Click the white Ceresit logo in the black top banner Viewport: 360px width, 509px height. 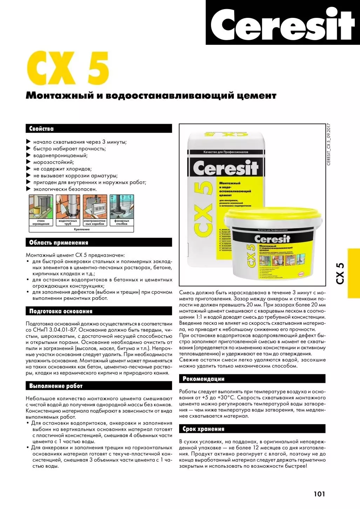[283, 24]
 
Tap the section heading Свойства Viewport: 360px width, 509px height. [41, 129]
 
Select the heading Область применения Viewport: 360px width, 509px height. [59, 243]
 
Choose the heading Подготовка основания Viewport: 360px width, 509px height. [61, 311]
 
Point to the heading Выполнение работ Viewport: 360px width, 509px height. [56, 386]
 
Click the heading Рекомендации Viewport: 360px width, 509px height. [203, 379]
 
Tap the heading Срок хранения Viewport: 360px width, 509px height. [203, 429]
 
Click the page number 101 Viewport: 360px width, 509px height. [319, 494]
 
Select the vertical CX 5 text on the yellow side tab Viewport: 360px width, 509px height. [340, 273]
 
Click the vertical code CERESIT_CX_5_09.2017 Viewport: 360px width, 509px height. [328, 144]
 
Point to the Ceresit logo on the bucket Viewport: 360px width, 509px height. [272, 239]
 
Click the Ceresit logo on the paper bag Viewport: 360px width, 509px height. [225, 168]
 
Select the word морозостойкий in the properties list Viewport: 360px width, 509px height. [53, 162]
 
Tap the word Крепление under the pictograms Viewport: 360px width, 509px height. [82, 229]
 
